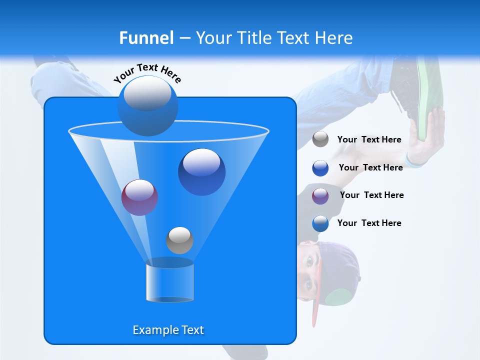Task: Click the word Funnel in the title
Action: pyautogui.click(x=146, y=38)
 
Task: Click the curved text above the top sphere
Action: pyautogui.click(x=147, y=72)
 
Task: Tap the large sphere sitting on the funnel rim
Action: pyautogui.click(x=147, y=106)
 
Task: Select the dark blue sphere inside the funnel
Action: pyautogui.click(x=201, y=172)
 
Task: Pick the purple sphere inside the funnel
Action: pyautogui.click(x=139, y=197)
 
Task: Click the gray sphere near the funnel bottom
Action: pyautogui.click(x=179, y=240)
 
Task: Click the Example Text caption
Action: pyautogui.click(x=168, y=330)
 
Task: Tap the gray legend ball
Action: pyautogui.click(x=320, y=139)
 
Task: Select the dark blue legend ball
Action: pyautogui.click(x=320, y=168)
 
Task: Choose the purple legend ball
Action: pyautogui.click(x=320, y=196)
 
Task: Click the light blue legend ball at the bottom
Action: pyautogui.click(x=320, y=223)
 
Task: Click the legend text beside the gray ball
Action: pyautogui.click(x=369, y=139)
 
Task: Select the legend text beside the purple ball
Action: pyautogui.click(x=371, y=195)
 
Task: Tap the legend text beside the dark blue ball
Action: pyautogui.click(x=370, y=167)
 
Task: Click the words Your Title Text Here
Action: pyautogui.click(x=274, y=38)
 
